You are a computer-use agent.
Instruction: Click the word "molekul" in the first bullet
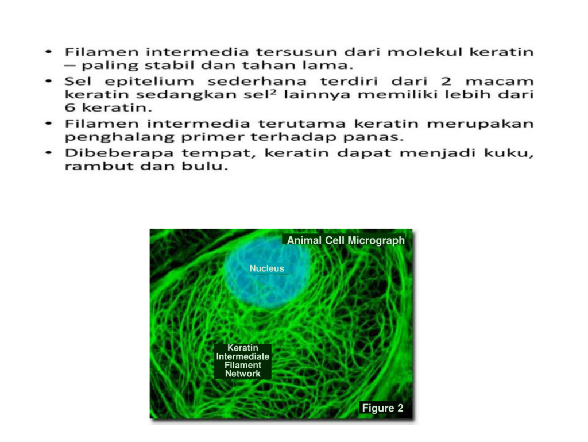425,52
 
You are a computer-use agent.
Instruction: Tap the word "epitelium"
149,82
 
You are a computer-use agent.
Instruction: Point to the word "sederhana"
257,81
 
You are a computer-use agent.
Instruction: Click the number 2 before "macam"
446,81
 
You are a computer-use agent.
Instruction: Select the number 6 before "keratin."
70,107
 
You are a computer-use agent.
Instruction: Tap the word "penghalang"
119,137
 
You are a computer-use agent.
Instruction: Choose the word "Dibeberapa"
119,153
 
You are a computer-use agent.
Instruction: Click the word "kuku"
507,153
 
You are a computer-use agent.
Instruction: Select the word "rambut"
99,166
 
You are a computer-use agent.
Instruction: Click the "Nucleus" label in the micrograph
266,268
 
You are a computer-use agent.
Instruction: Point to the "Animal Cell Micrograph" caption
346,240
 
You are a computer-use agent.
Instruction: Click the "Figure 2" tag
382,408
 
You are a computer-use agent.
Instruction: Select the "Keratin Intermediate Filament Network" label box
243,361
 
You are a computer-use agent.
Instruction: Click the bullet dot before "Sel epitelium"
48,81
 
